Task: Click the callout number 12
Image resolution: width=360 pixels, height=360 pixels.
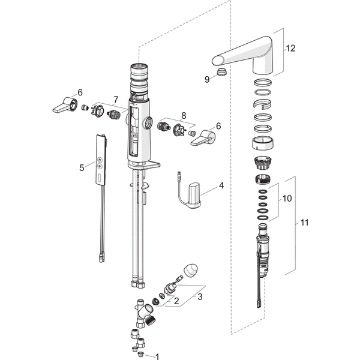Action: (x=291, y=48)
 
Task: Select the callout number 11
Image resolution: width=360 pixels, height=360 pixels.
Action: (x=304, y=222)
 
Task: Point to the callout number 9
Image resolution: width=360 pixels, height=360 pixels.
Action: (x=207, y=78)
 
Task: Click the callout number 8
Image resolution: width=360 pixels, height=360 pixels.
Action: (x=184, y=115)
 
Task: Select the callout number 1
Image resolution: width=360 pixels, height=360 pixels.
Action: (x=157, y=356)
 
